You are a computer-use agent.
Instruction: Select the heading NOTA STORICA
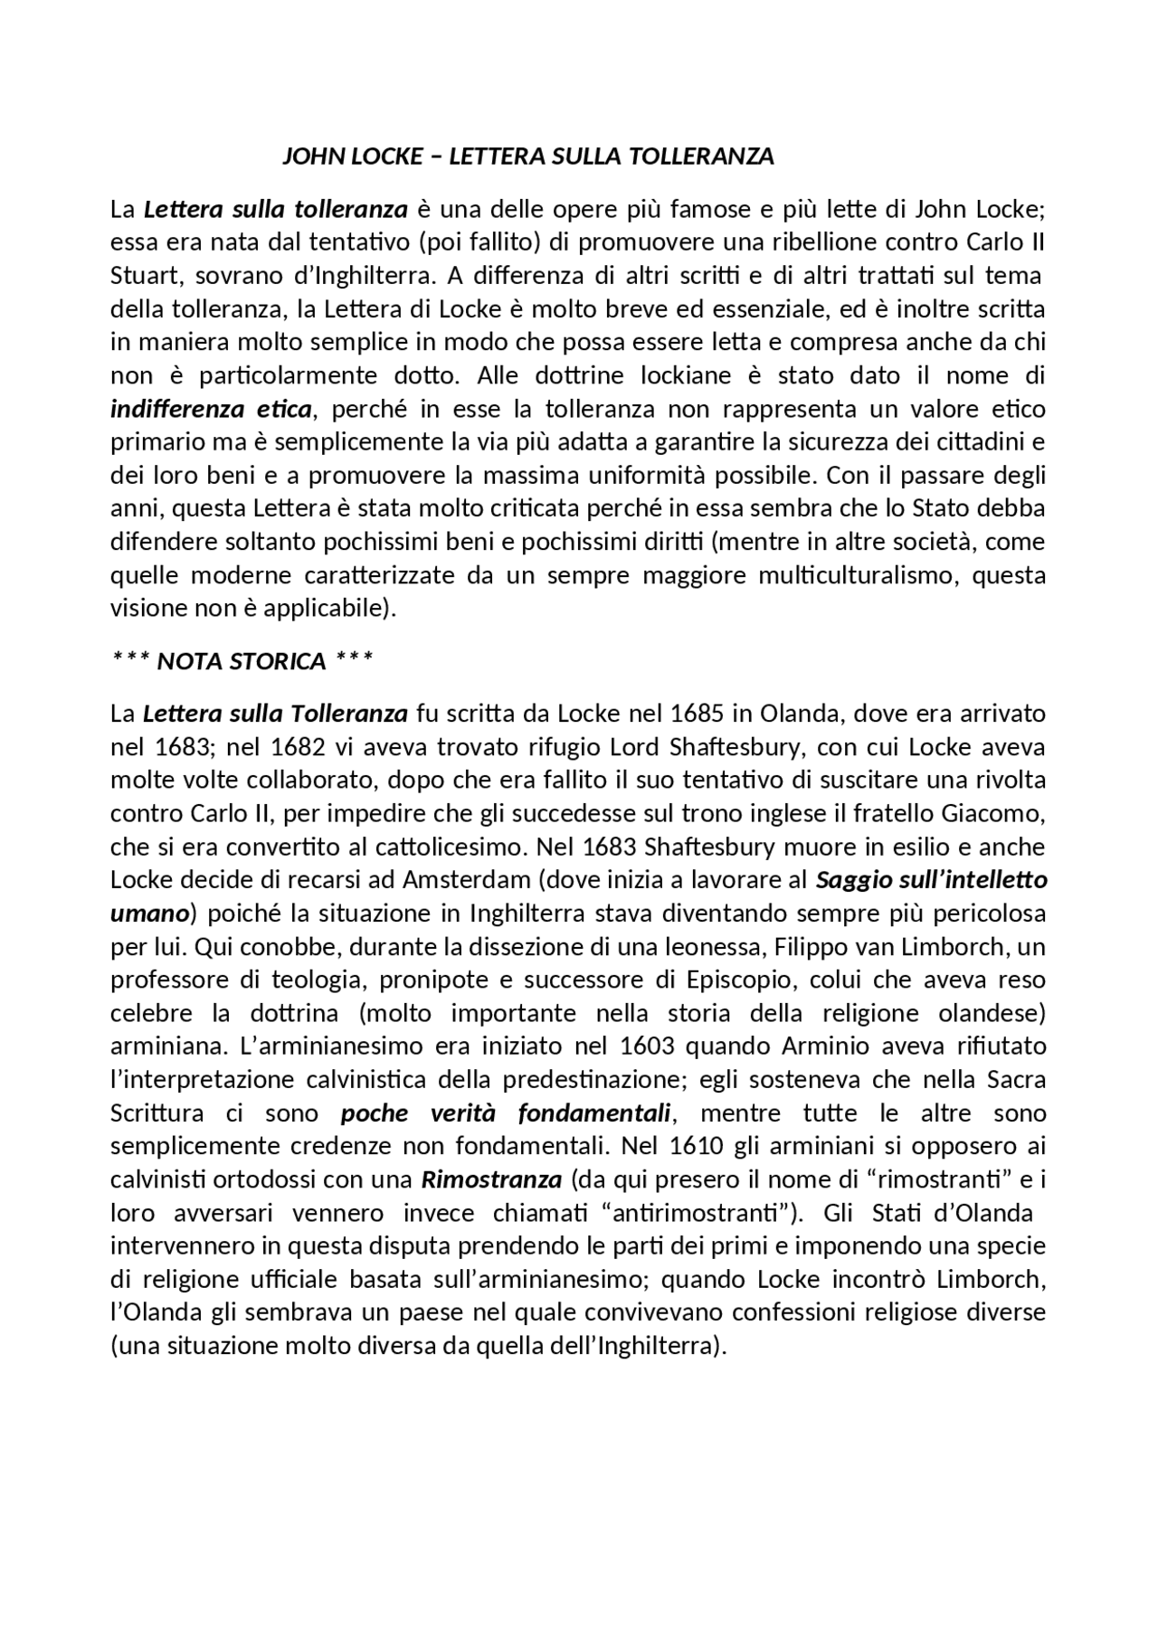(241, 661)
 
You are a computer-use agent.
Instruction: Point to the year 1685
(697, 714)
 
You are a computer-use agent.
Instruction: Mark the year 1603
(648, 1046)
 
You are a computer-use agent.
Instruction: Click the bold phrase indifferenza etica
(211, 409)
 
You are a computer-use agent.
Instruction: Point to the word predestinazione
(597, 1080)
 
